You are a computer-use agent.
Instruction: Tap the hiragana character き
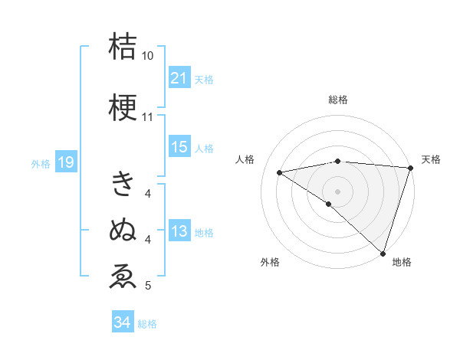tap(123, 184)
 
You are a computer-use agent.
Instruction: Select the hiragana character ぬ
tap(123, 230)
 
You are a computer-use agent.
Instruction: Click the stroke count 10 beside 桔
tap(147, 57)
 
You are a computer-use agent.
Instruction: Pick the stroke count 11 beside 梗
tap(147, 118)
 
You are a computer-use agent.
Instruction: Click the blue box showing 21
tap(179, 78)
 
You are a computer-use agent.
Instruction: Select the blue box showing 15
tap(179, 147)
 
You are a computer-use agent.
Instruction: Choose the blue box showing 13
tap(179, 231)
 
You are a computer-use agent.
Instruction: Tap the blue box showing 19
tap(65, 162)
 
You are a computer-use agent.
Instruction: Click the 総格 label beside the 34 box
tap(147, 324)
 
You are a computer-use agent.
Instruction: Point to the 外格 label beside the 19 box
tap(41, 163)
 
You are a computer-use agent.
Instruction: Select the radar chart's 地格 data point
tap(383, 253)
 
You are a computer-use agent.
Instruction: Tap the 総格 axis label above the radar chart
tap(337, 100)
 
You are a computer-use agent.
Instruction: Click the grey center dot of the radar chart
tap(337, 191)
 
